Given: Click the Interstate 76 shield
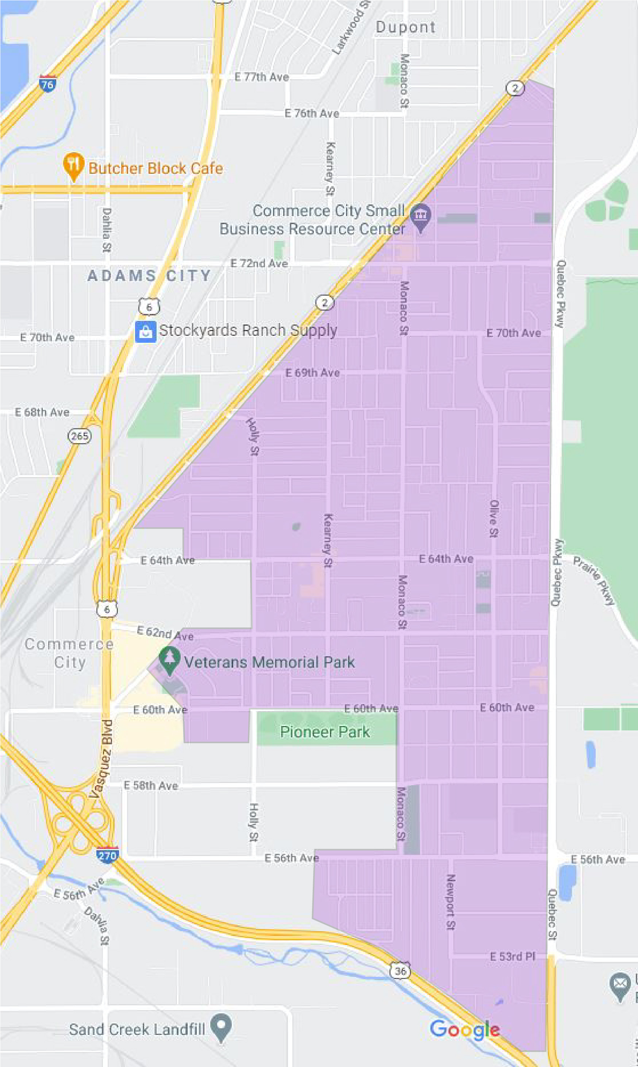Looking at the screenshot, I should (47, 84).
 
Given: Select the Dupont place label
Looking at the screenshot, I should (406, 27).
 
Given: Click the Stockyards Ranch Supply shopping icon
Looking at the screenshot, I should (145, 331).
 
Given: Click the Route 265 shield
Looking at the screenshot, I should (80, 436).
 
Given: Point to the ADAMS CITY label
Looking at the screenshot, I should (149, 276).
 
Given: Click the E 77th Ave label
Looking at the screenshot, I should (261, 77).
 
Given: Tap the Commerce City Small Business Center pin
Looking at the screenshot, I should (420, 216).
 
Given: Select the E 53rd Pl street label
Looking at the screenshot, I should (512, 956).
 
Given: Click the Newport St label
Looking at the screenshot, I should (450, 902).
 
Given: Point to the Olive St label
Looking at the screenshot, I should (494, 518).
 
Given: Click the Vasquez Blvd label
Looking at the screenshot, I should (102, 759).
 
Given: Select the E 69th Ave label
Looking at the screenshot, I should (312, 373).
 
